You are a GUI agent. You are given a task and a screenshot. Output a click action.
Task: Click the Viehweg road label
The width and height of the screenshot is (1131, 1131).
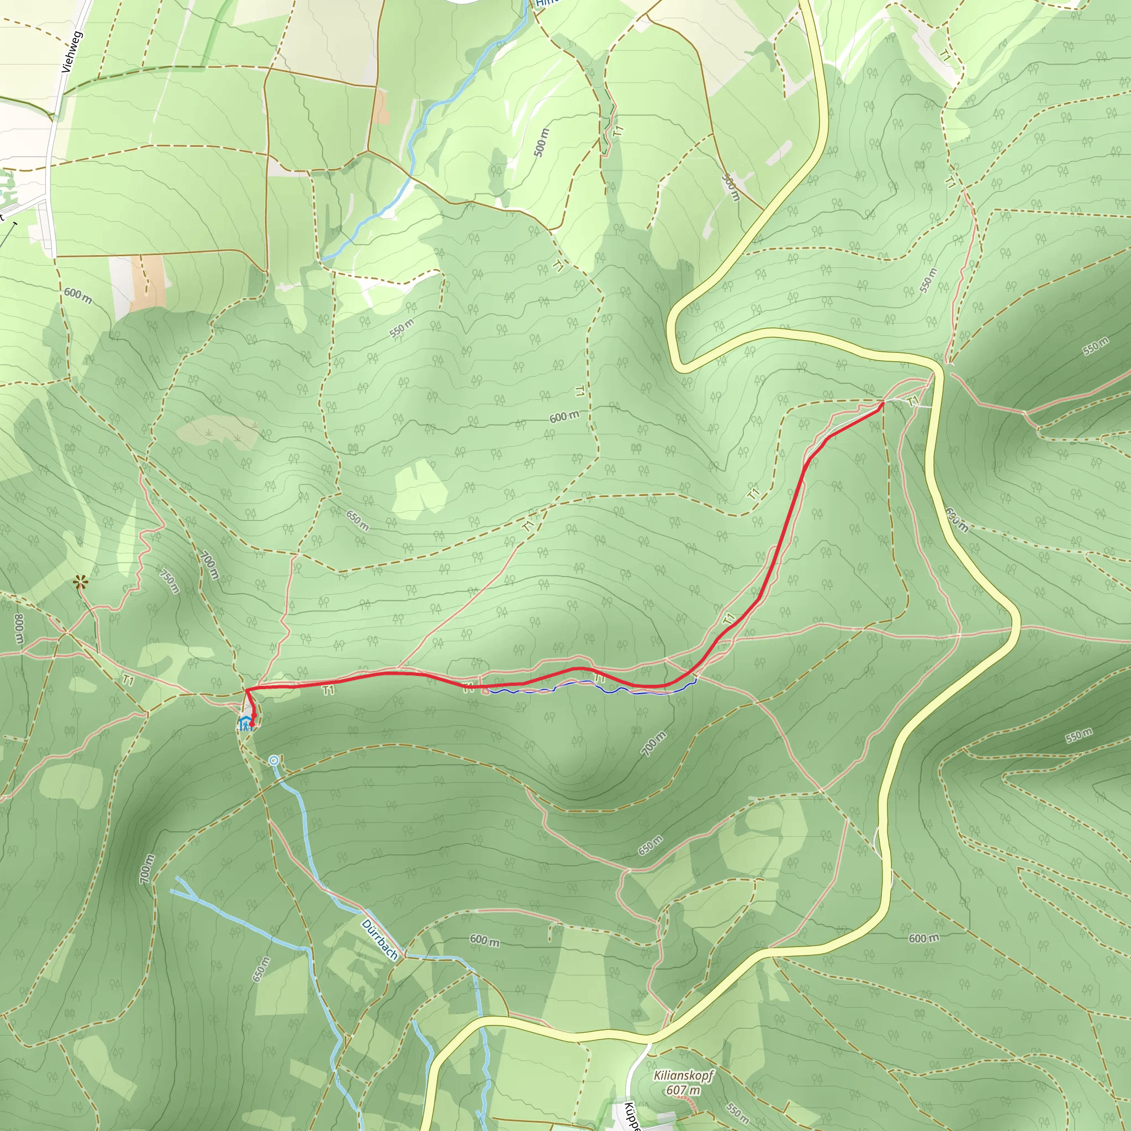coord(72,51)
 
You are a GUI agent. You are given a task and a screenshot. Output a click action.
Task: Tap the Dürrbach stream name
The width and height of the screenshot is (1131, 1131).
coord(379,939)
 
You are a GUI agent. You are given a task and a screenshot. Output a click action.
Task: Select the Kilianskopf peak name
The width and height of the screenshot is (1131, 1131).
coord(683,1075)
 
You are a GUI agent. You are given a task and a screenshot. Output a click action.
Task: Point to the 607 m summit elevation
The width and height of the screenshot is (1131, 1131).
coord(683,1090)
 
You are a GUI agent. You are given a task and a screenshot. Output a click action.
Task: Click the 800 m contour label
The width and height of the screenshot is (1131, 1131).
coord(19,630)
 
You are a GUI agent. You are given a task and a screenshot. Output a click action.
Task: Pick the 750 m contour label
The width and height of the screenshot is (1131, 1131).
coord(169,582)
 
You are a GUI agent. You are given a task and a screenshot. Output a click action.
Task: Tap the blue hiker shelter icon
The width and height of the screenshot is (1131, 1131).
coord(245,723)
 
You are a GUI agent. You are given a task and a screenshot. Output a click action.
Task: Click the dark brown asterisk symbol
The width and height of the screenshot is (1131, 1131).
coord(80,583)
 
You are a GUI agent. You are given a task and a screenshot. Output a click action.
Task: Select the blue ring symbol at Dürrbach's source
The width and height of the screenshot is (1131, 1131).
coord(273,760)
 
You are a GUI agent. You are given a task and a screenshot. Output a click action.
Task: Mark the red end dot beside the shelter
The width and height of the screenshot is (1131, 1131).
coord(252,724)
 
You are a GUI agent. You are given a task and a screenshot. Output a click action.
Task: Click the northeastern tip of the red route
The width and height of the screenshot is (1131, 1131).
coord(881,403)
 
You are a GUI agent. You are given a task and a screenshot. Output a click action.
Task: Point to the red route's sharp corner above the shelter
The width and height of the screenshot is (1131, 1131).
coord(246,691)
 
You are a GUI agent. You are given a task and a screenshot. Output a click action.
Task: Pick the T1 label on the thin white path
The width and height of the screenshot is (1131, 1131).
coord(913,401)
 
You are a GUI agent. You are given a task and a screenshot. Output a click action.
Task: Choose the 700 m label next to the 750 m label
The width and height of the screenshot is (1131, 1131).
coord(209,566)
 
